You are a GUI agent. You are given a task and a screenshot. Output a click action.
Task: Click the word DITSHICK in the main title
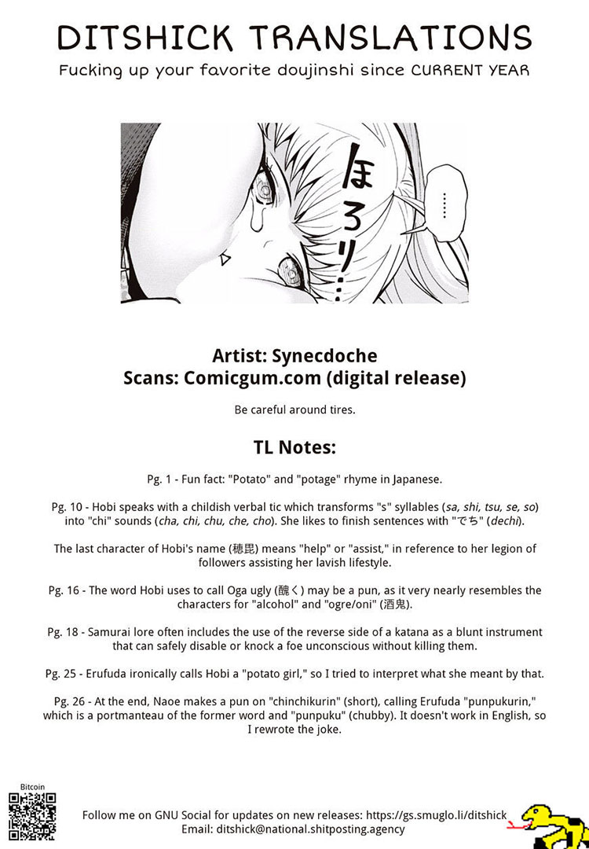point(145,37)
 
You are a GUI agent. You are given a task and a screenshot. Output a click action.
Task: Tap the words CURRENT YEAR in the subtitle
point(470,70)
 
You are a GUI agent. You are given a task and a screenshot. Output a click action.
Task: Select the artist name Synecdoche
point(327,355)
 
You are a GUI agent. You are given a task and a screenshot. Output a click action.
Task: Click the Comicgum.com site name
point(252,378)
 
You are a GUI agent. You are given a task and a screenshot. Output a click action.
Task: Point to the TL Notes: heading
point(294,447)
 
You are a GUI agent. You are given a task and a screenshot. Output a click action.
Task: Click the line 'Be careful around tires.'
point(294,410)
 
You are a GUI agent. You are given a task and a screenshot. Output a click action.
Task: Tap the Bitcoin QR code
point(33,818)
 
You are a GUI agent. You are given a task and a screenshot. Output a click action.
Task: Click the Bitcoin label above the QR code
point(33,787)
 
